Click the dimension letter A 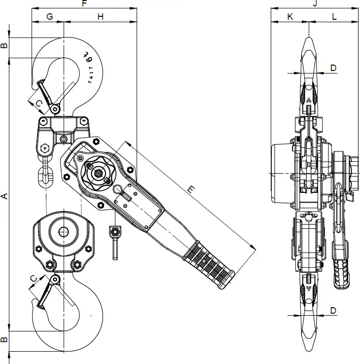coord(4,196)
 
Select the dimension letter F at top coord(84,3)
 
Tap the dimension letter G coord(49,16)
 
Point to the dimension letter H coord(100,16)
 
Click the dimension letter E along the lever coord(192,189)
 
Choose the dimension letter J coord(314,3)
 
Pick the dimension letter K coord(290,16)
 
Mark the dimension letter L coord(334,16)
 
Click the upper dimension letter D coord(333,68)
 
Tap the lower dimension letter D coord(333,310)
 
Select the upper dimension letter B coord(4,46)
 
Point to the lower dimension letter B coord(4,340)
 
